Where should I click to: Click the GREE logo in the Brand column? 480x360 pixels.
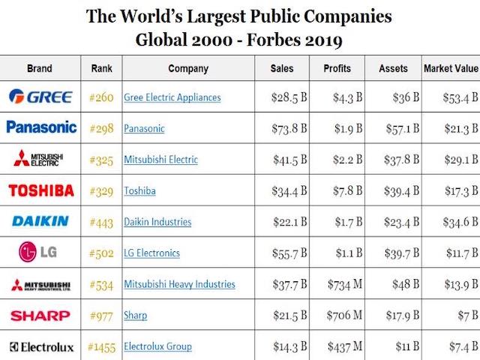[x=40, y=97]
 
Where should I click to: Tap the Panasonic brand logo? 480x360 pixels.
[x=41, y=127]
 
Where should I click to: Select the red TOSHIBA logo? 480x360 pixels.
[x=40, y=190]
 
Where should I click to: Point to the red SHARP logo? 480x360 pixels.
[x=40, y=315]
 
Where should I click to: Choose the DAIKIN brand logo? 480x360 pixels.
[x=40, y=221]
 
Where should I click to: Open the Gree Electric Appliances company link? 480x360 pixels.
[x=172, y=97]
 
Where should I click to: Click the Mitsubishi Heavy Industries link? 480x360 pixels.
[x=179, y=284]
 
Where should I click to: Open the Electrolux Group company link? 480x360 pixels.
[x=157, y=346]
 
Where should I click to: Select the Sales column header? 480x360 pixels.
[x=282, y=68]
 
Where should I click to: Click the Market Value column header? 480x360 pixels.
[x=450, y=68]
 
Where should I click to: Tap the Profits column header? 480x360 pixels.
[x=337, y=68]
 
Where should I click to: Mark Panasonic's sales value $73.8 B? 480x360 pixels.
[x=290, y=128]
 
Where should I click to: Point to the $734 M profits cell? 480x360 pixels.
[x=345, y=284]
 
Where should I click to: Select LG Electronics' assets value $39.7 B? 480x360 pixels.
[x=402, y=253]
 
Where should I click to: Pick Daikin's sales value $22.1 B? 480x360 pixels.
[x=290, y=222]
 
